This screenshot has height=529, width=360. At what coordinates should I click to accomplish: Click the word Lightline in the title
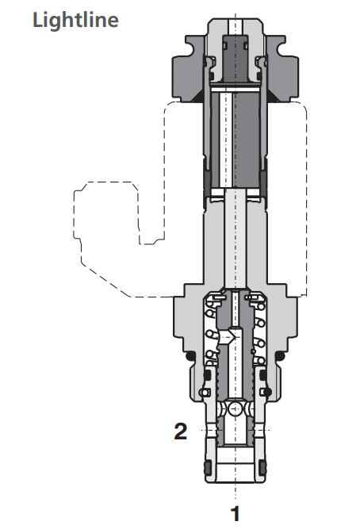(75, 19)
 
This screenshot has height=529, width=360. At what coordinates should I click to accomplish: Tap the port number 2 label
(182, 432)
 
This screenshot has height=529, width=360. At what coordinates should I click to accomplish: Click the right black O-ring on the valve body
(283, 358)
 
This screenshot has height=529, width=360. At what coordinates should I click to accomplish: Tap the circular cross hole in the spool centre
(236, 409)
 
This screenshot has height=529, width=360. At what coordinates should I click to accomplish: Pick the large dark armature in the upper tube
(236, 139)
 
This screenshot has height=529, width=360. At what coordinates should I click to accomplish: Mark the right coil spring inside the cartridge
(259, 333)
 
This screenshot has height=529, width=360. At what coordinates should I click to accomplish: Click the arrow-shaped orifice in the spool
(231, 336)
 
